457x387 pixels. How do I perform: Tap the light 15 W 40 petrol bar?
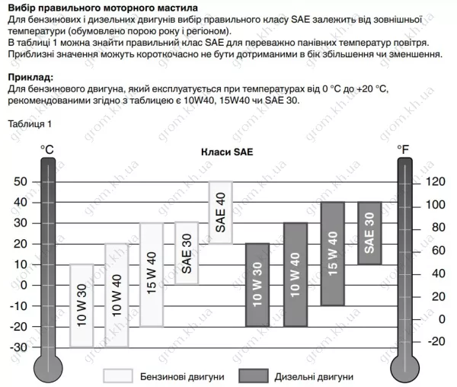coord(152,274)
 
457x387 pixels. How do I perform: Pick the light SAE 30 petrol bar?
coord(187,253)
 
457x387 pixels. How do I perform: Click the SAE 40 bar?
coord(220,213)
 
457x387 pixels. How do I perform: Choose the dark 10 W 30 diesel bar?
coord(257,285)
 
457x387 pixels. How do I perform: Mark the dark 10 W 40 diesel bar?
coord(295,274)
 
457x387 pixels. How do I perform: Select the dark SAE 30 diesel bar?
coord(369,233)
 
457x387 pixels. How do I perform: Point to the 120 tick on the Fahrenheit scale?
coord(435,181)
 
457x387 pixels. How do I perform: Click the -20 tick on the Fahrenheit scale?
coord(435,341)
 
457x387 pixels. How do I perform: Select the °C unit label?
coord(46,152)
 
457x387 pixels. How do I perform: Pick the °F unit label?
coord(403,152)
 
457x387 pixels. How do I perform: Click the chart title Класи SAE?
coord(227,152)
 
